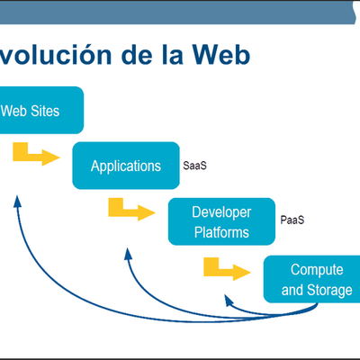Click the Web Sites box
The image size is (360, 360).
[41, 111]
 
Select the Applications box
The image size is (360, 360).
[125, 166]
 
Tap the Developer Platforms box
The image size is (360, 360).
[221, 222]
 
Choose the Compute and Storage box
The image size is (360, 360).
[311, 279]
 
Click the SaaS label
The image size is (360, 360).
[195, 166]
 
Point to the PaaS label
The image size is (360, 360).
[292, 219]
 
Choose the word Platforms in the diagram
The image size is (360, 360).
[221, 233]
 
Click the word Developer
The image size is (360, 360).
[221, 212]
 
